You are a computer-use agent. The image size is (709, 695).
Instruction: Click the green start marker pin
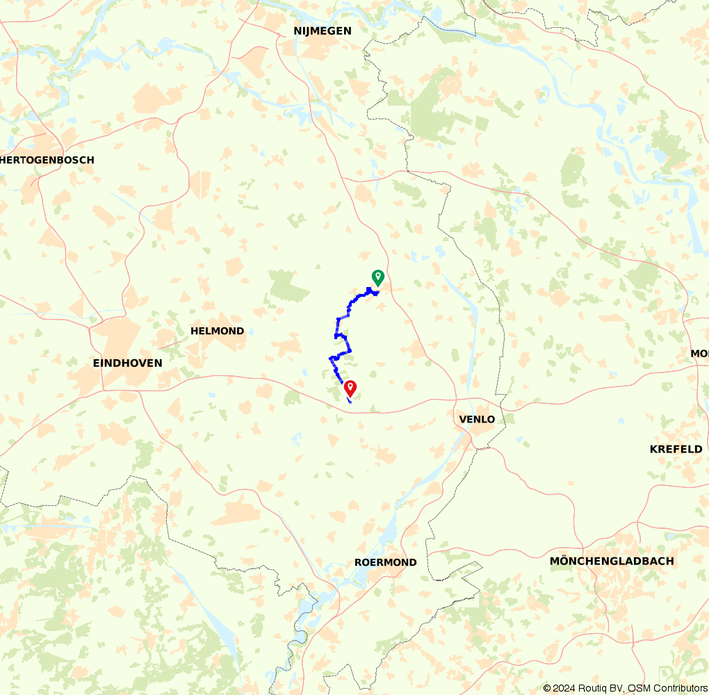[x=377, y=277]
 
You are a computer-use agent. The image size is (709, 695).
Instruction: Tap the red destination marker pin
[x=350, y=388]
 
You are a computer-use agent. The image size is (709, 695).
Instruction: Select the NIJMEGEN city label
[x=323, y=31]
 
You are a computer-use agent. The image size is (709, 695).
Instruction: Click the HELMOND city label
[x=217, y=331]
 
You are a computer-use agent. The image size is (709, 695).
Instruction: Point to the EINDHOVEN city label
[x=127, y=363]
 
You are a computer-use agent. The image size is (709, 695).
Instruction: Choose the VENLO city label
[x=477, y=419]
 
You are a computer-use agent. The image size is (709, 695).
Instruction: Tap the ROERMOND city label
[x=385, y=562]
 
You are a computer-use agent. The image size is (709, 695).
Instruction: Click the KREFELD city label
[x=676, y=449]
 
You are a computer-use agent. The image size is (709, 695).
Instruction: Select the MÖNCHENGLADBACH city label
[x=611, y=561]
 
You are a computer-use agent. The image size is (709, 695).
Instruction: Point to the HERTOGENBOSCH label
[x=47, y=160]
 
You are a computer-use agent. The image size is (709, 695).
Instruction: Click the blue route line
[x=338, y=327]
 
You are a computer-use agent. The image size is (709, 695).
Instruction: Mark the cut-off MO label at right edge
[x=699, y=354]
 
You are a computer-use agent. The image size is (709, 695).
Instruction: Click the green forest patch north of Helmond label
[x=287, y=286]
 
